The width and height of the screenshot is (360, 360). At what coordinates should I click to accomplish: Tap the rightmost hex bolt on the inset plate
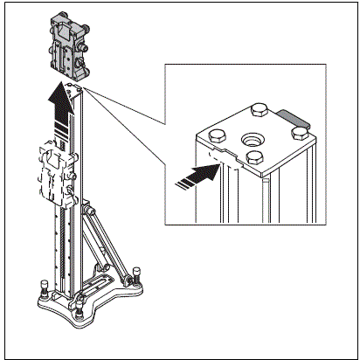(301, 130)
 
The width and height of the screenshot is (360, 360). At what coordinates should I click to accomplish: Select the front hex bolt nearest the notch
(255, 156)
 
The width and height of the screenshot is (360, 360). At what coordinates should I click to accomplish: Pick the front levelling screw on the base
(80, 310)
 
